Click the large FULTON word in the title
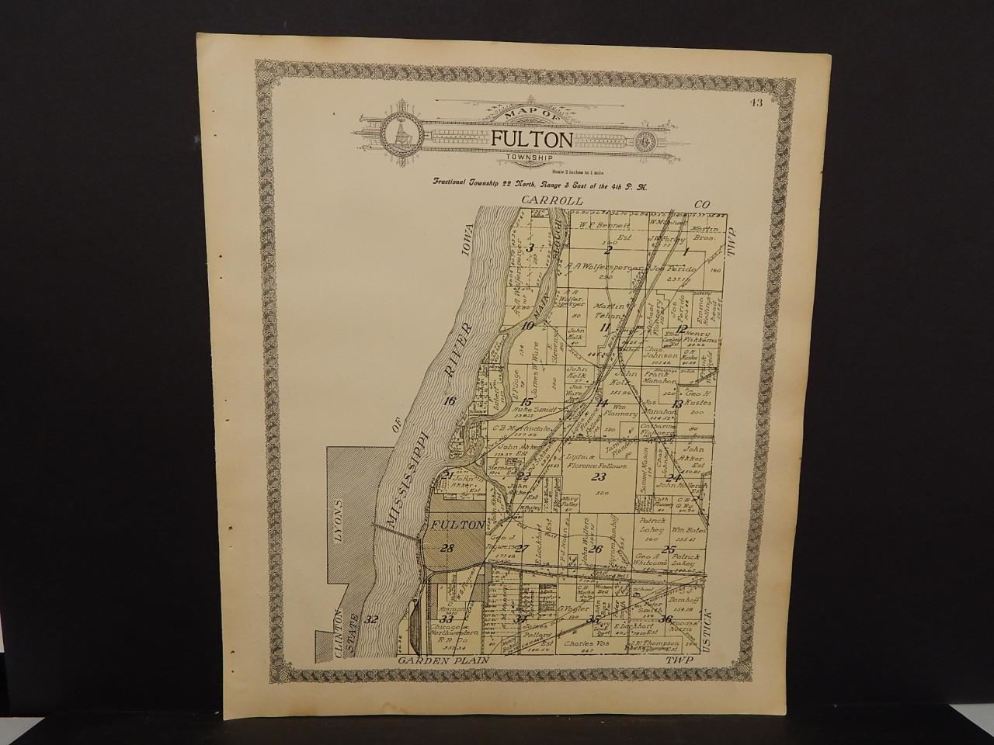coord(532,139)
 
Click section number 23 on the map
coord(598,476)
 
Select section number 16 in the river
coord(447,401)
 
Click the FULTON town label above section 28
coord(458,525)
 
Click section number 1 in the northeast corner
coord(686,251)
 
